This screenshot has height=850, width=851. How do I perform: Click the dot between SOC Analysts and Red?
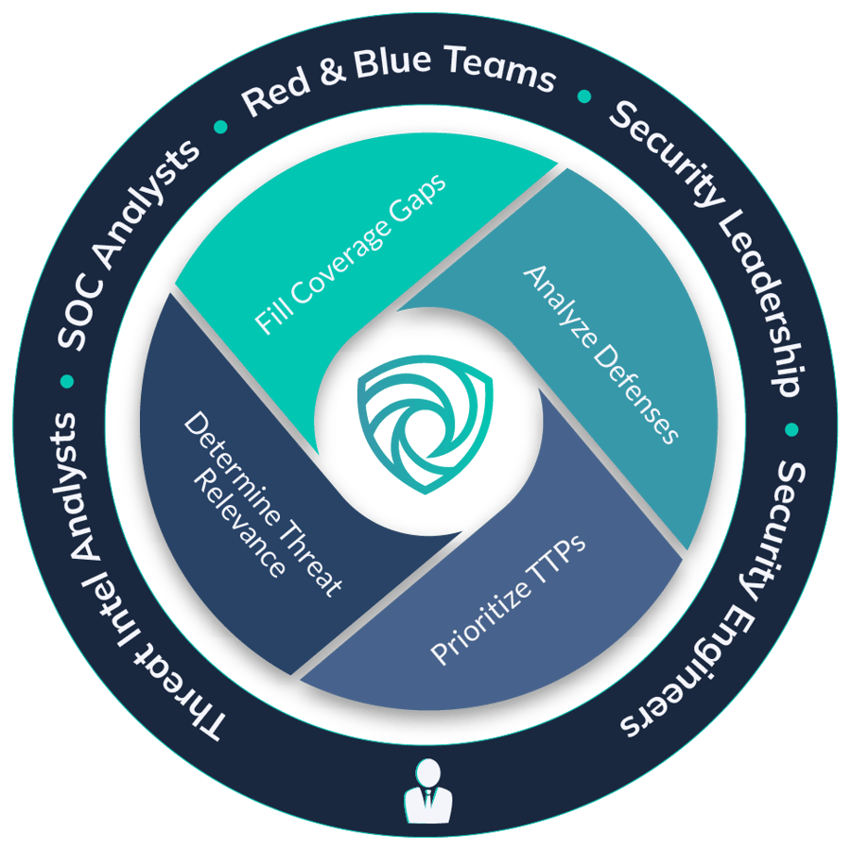(220, 126)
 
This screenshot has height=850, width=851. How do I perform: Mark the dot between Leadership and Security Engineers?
(790, 430)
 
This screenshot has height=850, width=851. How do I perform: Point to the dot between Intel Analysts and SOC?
(66, 381)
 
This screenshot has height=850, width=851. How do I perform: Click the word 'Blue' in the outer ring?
(389, 63)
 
